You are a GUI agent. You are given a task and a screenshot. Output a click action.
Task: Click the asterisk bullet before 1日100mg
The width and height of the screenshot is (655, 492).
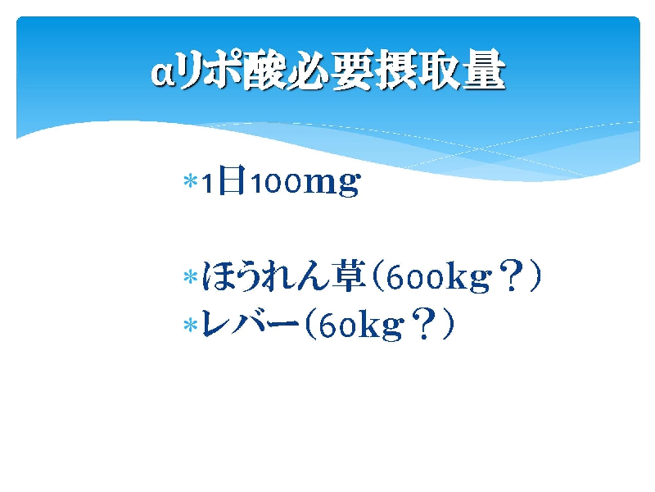(x=191, y=181)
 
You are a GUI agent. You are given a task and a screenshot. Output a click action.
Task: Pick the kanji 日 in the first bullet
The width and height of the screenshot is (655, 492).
(x=232, y=180)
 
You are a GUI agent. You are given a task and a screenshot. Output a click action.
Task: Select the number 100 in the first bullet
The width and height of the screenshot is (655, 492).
(x=276, y=183)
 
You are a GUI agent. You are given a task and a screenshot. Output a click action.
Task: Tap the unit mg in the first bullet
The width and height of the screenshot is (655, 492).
(x=331, y=184)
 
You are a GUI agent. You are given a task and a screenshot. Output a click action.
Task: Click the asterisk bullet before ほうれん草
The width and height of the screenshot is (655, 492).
(x=191, y=277)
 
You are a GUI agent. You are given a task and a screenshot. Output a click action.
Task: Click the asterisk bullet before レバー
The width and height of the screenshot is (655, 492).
(x=191, y=325)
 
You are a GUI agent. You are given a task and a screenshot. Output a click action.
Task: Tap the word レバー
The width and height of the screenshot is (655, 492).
(x=251, y=323)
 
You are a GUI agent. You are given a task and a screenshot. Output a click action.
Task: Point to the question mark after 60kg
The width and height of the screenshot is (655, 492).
(x=425, y=323)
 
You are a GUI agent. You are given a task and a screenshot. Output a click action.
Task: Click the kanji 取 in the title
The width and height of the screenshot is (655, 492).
(x=440, y=70)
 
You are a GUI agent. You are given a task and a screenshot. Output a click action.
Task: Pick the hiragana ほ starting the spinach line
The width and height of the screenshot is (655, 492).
(x=217, y=276)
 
